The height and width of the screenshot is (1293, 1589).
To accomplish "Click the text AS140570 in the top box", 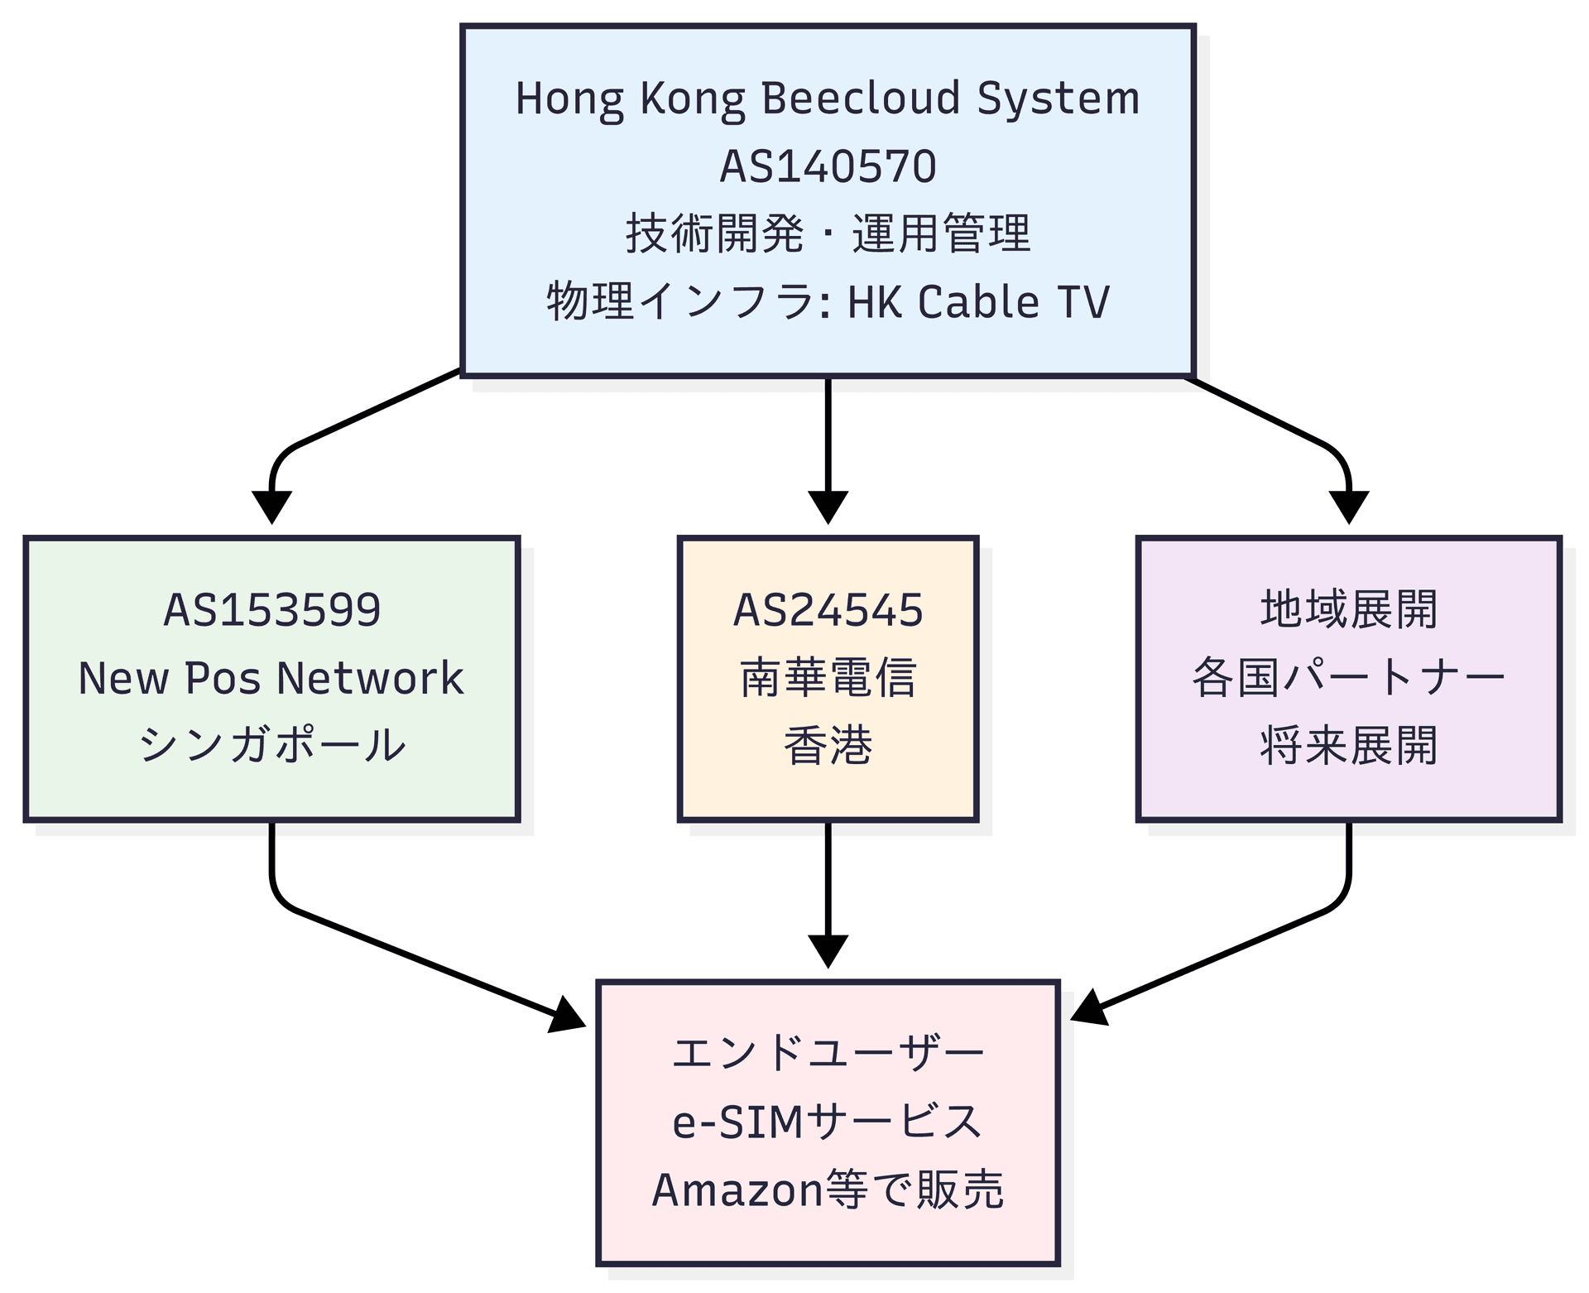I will [x=828, y=166].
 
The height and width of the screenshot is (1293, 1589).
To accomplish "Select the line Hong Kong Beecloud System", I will [x=828, y=99].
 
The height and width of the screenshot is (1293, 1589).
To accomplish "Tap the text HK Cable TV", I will [x=978, y=302].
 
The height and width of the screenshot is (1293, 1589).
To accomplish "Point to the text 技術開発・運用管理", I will [x=828, y=234].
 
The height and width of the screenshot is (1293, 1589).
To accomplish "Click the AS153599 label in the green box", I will [x=271, y=610].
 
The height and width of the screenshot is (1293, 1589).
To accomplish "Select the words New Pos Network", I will [x=271, y=678].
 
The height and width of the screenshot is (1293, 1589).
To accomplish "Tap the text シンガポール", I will [x=271, y=745].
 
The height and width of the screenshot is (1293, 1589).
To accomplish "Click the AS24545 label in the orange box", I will [x=828, y=610].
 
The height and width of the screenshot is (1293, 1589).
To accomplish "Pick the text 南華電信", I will [x=828, y=678].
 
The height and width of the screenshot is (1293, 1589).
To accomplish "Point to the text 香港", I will [x=828, y=745].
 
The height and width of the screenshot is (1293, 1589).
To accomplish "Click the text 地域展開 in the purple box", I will [x=1348, y=610].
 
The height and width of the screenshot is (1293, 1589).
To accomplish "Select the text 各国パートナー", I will [x=1348, y=678].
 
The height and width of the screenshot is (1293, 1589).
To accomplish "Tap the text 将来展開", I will [x=1348, y=745].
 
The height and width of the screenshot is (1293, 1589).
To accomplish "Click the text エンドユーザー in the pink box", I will [x=828, y=1054].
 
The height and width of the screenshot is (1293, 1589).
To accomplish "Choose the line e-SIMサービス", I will [x=828, y=1122].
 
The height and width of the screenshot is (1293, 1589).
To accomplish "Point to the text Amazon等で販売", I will [x=828, y=1190].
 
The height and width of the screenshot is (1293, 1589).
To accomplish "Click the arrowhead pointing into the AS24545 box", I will [x=828, y=507].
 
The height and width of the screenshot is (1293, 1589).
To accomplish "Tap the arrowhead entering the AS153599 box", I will [x=271, y=507].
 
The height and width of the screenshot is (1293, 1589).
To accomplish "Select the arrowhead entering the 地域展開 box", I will [x=1348, y=507].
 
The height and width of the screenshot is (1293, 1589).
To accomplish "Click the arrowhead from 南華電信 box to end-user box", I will [x=828, y=950].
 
